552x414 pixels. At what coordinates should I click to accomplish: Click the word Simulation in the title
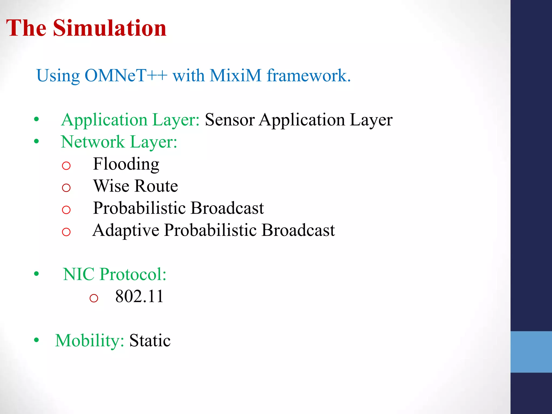coord(110,28)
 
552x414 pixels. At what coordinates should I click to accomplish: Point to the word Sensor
coord(230,120)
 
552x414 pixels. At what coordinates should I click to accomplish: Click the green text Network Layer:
coord(119,142)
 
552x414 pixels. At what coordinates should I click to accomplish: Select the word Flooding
coord(126,164)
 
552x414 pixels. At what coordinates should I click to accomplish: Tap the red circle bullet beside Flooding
coord(66,165)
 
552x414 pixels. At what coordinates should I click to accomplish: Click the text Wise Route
coord(135,186)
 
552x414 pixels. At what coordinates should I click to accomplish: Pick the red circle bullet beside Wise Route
coord(66,188)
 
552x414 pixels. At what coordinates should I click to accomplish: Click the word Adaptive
coord(126,230)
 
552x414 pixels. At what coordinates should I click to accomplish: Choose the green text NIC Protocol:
coord(115,274)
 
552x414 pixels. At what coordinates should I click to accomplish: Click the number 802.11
coord(139,296)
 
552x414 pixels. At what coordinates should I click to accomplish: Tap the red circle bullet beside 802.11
coord(94,298)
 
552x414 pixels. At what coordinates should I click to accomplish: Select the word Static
coord(150,340)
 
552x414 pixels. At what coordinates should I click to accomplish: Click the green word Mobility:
coord(89,340)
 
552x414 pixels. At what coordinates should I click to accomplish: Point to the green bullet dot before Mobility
coord(36,340)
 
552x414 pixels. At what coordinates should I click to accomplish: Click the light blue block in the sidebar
coord(531,352)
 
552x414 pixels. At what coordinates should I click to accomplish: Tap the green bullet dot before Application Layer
coord(36,119)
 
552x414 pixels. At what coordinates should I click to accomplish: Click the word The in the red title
coord(26,28)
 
